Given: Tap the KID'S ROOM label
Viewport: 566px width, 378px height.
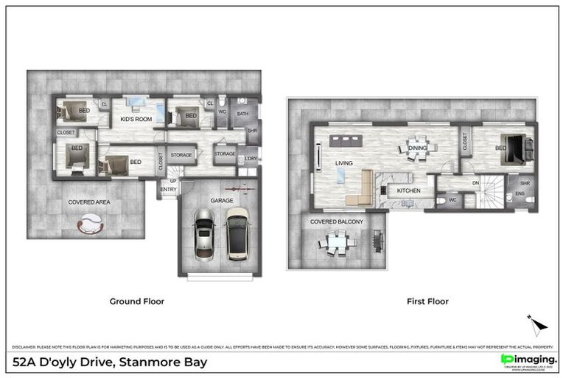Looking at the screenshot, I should [136, 119].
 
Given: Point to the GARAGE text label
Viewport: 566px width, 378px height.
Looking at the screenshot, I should [221, 200].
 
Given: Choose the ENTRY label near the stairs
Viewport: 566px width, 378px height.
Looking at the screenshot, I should [168, 190].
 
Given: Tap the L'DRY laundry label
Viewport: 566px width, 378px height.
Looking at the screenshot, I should [251, 159].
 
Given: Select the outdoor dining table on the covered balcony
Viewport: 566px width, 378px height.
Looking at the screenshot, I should [338, 241].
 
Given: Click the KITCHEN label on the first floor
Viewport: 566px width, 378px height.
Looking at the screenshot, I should [408, 190].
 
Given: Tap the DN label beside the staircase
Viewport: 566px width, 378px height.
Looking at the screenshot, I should [475, 183].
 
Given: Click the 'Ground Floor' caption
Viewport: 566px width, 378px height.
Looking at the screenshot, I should [136, 301].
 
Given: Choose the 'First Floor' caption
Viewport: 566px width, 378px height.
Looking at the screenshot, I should [427, 301].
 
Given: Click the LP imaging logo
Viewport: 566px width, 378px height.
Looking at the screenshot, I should [528, 359].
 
